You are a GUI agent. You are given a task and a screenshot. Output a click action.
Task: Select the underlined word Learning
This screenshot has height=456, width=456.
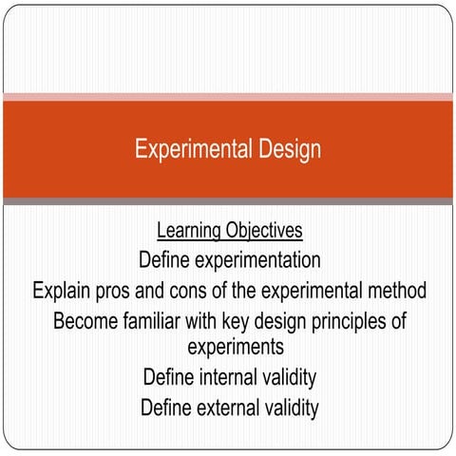[x=189, y=231]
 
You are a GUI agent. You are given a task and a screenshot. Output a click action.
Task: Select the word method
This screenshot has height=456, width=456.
[x=394, y=289]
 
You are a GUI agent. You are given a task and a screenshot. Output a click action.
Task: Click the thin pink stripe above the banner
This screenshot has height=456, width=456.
[x=228, y=96]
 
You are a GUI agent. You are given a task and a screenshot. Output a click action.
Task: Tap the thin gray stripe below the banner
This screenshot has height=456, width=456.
[x=228, y=200]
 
